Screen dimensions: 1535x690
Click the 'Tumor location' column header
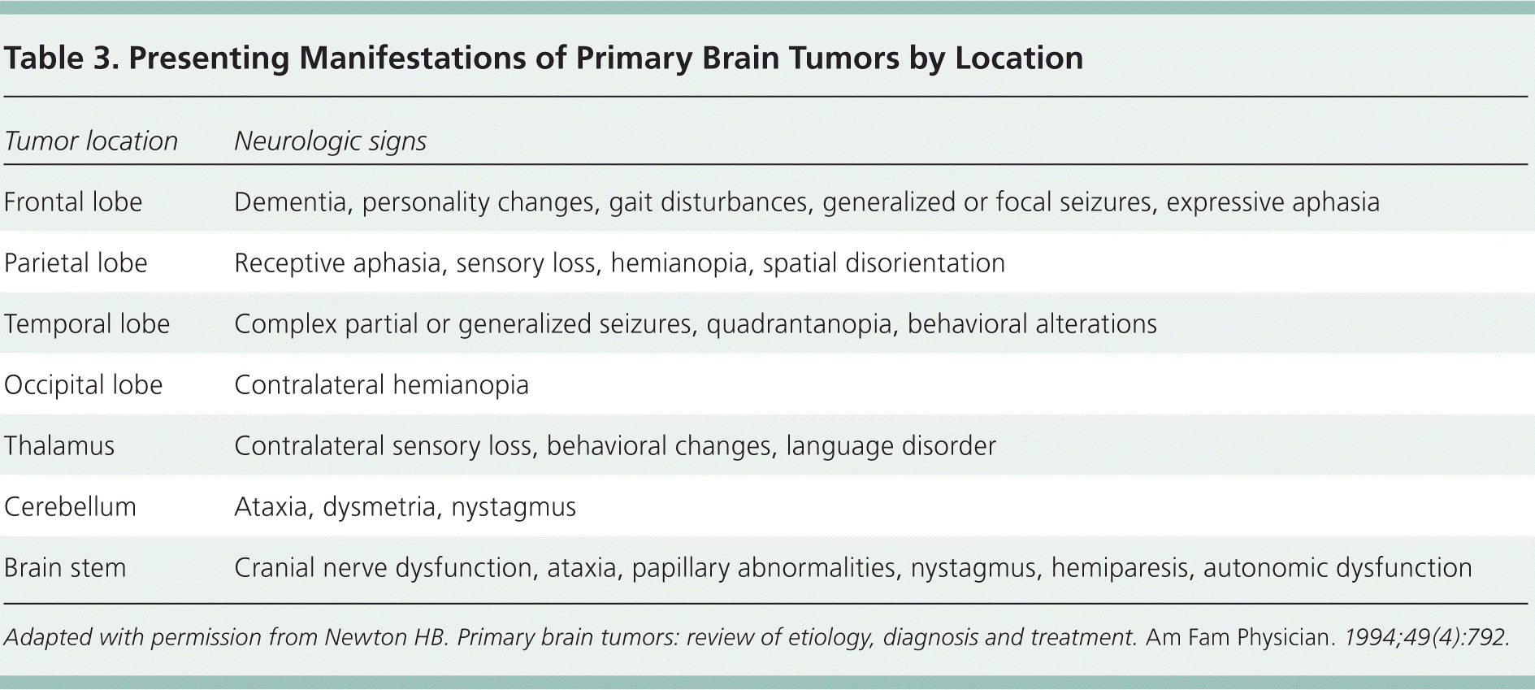click(91, 141)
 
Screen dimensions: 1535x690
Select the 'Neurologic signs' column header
click(330, 141)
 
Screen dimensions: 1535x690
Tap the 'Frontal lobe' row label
click(73, 202)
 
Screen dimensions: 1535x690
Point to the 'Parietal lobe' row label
click(76, 263)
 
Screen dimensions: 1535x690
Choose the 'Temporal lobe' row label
click(87, 324)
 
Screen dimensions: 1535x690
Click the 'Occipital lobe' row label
click(84, 385)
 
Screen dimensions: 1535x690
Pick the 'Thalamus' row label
click(59, 446)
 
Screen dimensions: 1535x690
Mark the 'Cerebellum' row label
click(70, 507)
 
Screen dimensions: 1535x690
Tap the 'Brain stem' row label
click(65, 568)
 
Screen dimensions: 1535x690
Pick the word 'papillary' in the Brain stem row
click(680, 568)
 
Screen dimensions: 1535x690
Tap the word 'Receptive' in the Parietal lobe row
click(290, 263)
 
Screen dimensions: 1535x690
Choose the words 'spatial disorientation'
click(883, 263)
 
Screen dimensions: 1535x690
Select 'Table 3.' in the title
click(61, 59)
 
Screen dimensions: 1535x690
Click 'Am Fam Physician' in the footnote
click(1239, 637)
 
